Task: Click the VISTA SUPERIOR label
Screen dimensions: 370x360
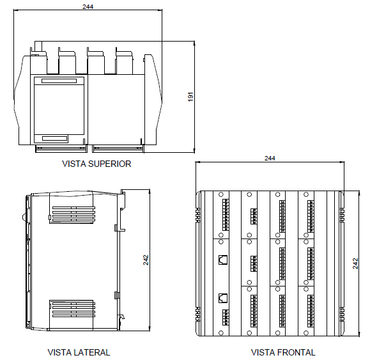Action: coord(96,164)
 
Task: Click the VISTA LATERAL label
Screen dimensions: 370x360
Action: coord(79,352)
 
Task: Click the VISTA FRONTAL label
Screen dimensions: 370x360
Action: coord(283,352)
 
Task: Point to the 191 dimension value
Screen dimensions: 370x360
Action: coord(190,97)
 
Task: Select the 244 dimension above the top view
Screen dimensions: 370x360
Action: coord(88,6)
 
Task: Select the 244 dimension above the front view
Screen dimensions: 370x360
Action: coord(270,158)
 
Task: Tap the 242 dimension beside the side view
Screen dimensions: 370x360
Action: coord(146,260)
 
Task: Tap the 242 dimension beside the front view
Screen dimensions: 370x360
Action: coord(355,263)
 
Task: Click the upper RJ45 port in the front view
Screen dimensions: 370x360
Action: coord(223,260)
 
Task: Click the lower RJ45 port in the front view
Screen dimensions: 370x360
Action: coord(223,298)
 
